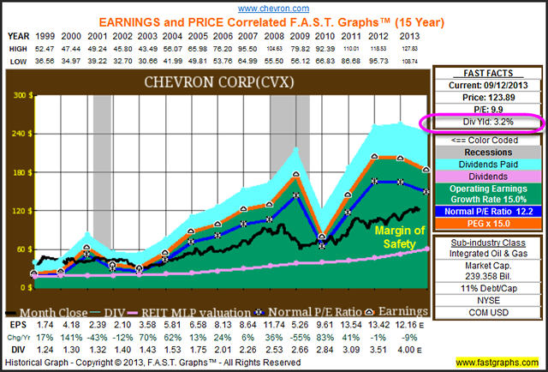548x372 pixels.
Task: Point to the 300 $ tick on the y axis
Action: point(16,96)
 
